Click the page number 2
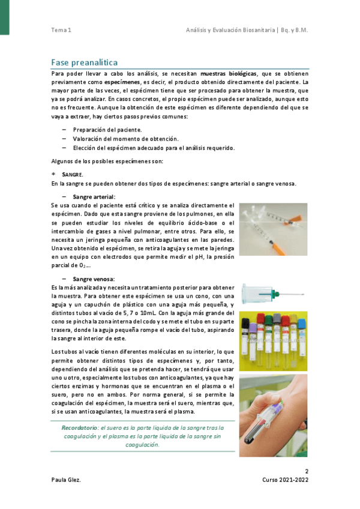pyautogui.click(x=306, y=471)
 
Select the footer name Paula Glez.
pyautogui.click(x=68, y=481)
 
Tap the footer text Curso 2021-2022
pyautogui.click(x=286, y=481)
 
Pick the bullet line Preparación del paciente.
pyautogui.click(x=107, y=129)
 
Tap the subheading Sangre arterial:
pyautogui.click(x=95, y=196)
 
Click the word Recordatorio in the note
pyautogui.click(x=79, y=427)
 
